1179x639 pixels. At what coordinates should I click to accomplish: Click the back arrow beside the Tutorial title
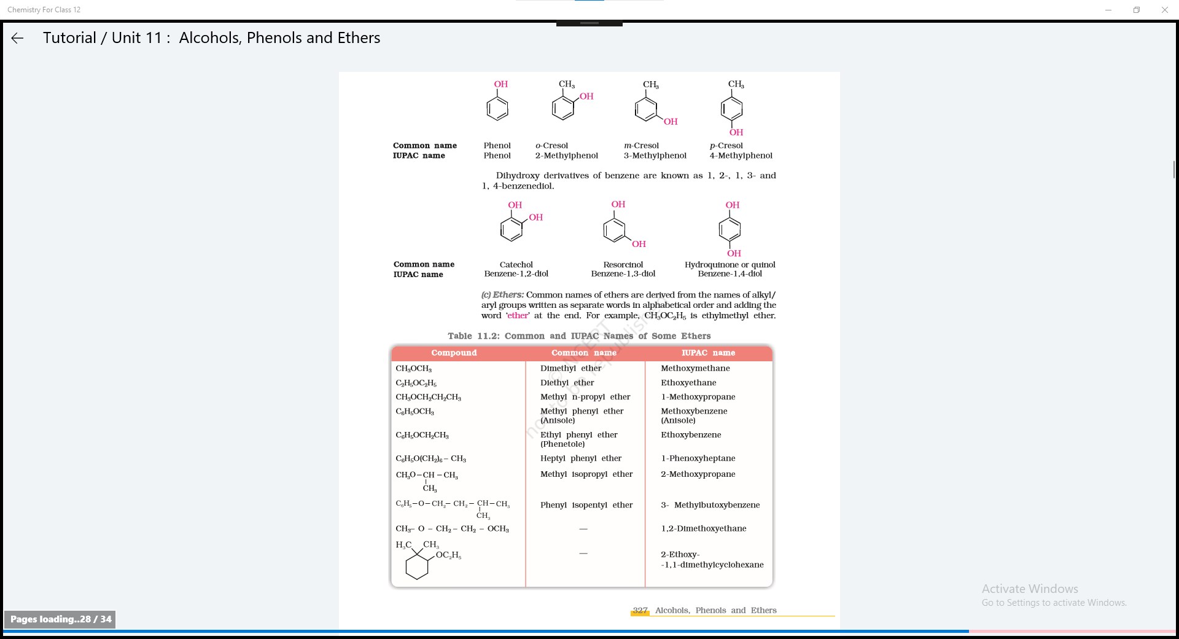click(17, 38)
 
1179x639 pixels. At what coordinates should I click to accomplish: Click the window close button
click(1164, 10)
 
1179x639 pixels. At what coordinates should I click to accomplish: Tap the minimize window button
click(1108, 10)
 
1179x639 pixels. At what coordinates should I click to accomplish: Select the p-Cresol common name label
click(726, 146)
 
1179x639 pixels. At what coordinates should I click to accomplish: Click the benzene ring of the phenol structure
click(497, 109)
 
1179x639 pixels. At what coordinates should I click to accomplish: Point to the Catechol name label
click(516, 265)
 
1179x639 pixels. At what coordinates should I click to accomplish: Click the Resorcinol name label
click(623, 265)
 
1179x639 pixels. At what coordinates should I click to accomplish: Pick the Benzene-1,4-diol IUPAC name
click(730, 274)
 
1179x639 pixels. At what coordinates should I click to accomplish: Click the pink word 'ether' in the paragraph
click(517, 316)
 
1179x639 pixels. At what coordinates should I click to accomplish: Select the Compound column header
click(454, 353)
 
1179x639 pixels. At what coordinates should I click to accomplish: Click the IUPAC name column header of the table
click(708, 353)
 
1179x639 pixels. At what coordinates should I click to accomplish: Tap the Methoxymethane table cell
click(695, 369)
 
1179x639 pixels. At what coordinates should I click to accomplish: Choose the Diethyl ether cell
click(567, 383)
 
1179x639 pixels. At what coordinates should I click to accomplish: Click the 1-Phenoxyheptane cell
click(698, 458)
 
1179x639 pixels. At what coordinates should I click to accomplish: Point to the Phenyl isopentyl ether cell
click(586, 505)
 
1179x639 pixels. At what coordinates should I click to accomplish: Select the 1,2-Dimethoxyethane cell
click(703, 528)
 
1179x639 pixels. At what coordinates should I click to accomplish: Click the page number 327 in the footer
click(640, 610)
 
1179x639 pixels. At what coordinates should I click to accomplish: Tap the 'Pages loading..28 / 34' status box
click(60, 619)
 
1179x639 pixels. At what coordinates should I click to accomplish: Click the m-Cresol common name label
click(641, 146)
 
